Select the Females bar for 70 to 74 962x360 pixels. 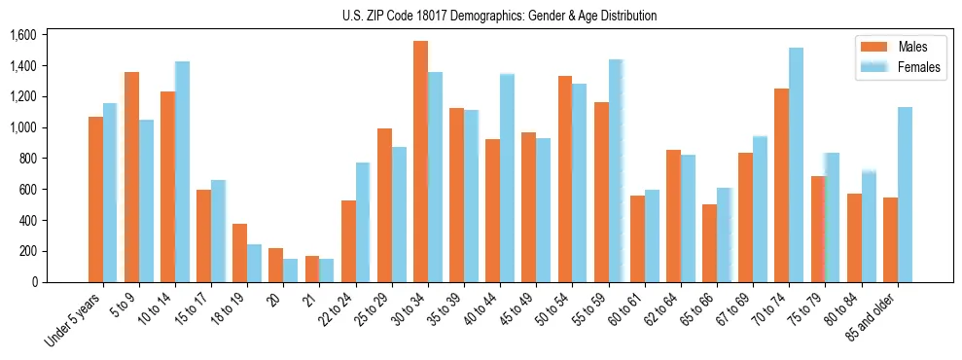796,165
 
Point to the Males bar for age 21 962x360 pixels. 312,270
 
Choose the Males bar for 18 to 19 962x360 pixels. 240,253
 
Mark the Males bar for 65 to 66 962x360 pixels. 709,243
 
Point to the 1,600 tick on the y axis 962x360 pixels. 22,35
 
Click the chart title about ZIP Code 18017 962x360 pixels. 499,16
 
